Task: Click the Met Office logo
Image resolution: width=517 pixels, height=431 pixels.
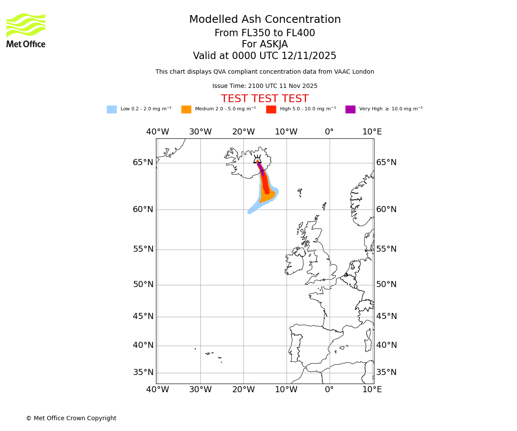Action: pyautogui.click(x=26, y=30)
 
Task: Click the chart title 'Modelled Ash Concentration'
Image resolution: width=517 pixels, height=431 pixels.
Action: pyautogui.click(x=265, y=20)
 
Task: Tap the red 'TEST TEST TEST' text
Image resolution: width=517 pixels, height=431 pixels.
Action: pyautogui.click(x=265, y=99)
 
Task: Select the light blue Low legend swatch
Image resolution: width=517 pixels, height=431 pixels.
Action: pyautogui.click(x=112, y=109)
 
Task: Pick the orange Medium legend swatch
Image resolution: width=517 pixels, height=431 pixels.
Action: pyautogui.click(x=186, y=109)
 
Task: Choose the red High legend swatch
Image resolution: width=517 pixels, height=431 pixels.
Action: pyautogui.click(x=271, y=109)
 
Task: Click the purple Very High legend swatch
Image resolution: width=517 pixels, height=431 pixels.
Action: pyautogui.click(x=350, y=109)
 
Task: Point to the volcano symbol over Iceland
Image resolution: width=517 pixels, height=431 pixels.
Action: pyautogui.click(x=257, y=159)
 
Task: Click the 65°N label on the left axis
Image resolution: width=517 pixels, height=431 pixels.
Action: pyautogui.click(x=143, y=162)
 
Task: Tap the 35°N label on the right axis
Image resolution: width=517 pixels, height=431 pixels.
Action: pyautogui.click(x=386, y=372)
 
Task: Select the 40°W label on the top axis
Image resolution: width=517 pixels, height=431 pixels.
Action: pyautogui.click(x=157, y=132)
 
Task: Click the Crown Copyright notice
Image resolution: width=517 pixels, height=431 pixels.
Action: pyautogui.click(x=71, y=419)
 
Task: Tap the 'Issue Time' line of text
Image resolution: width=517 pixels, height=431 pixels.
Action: pyautogui.click(x=265, y=86)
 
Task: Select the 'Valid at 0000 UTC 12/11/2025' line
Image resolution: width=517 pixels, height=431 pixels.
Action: pyautogui.click(x=265, y=56)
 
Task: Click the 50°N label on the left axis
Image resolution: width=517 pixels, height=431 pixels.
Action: pyautogui.click(x=143, y=284)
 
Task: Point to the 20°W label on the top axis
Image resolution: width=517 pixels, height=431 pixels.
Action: pyautogui.click(x=243, y=132)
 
